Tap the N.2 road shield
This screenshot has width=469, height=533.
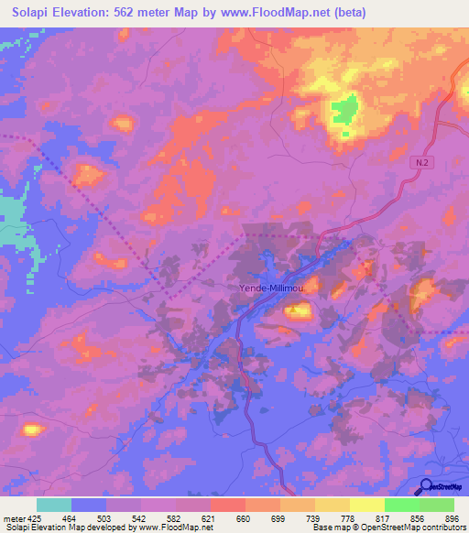tap(419, 161)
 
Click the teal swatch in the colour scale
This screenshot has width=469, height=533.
tap(54, 505)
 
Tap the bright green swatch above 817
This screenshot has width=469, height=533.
tap(401, 505)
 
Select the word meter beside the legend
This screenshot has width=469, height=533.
tap(14, 517)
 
